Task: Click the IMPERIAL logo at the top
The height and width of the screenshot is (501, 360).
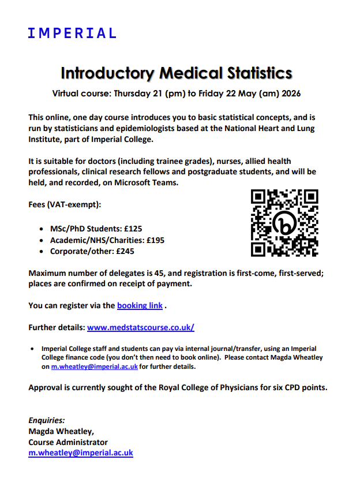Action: click(72, 33)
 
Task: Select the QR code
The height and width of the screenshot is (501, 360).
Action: click(285, 223)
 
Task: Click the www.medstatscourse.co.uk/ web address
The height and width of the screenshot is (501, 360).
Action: click(140, 327)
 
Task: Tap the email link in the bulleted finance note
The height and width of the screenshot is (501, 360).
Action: click(94, 366)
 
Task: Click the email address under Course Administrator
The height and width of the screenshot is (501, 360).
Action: click(81, 453)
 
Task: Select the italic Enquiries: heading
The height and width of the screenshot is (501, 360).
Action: click(47, 420)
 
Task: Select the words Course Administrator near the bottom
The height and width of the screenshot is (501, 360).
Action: click(68, 442)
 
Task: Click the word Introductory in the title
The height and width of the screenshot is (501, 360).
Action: click(107, 73)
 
